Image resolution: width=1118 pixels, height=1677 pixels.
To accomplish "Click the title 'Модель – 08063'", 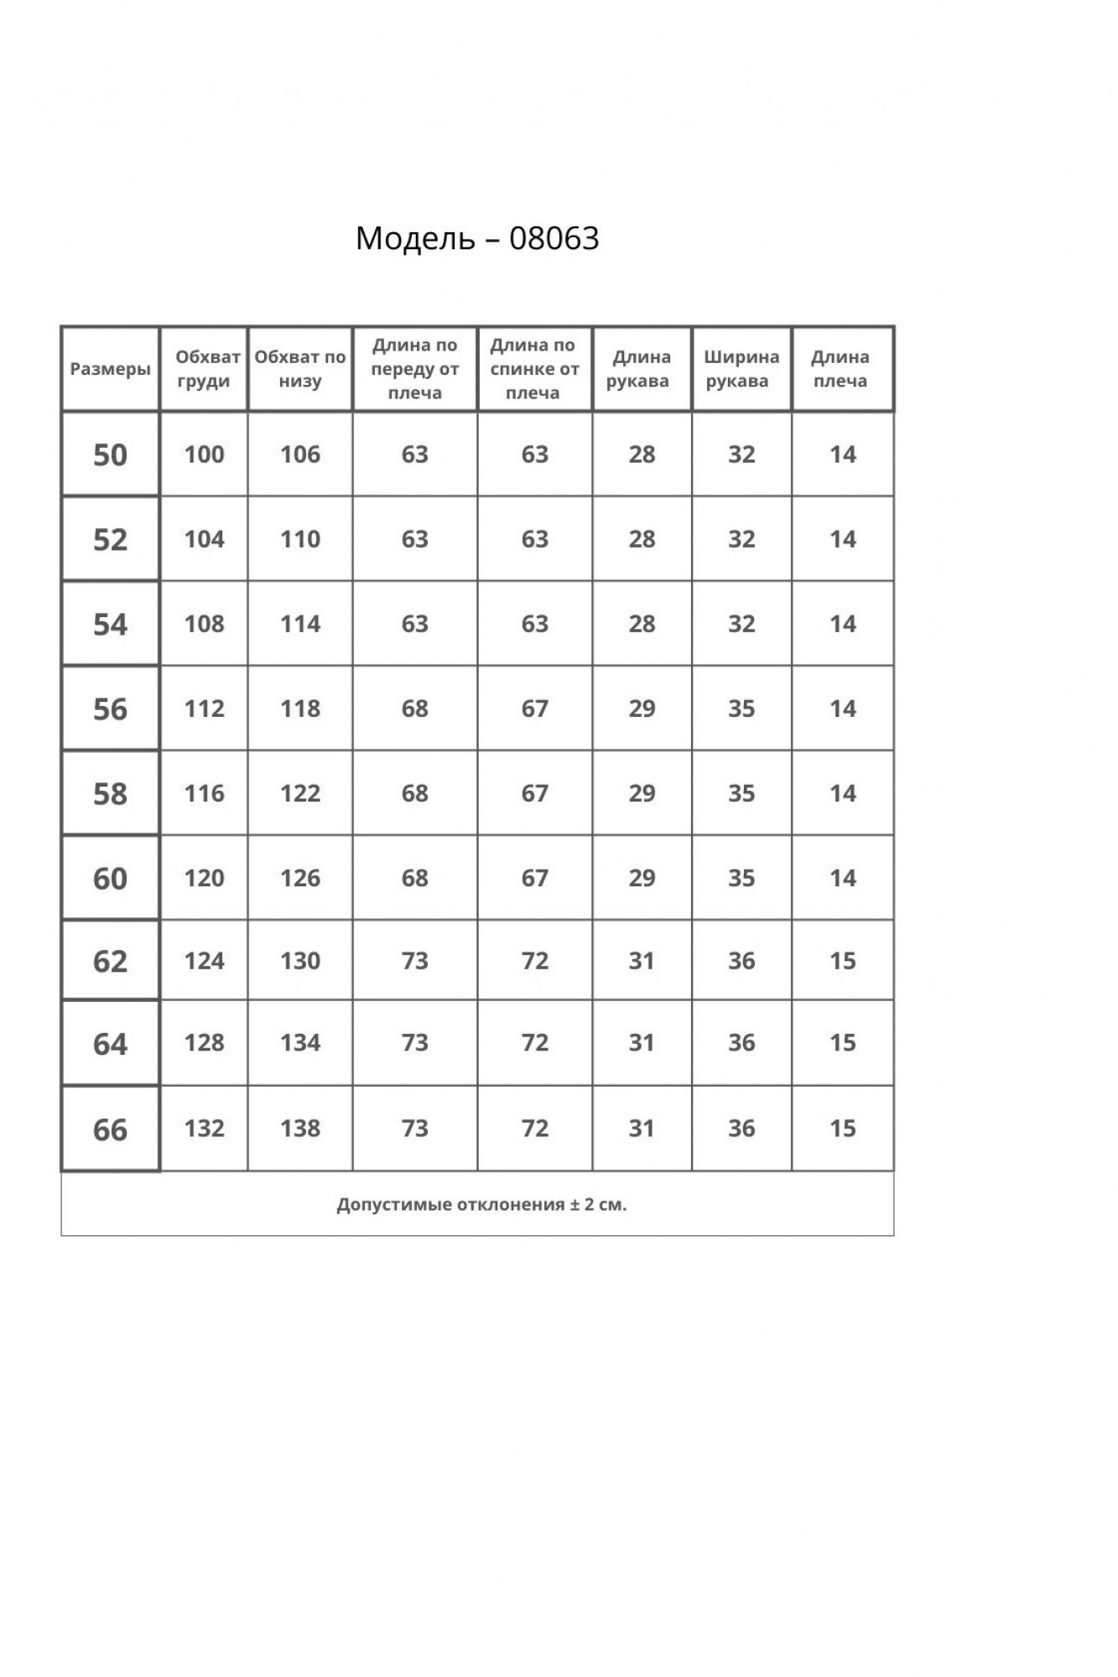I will [x=477, y=238].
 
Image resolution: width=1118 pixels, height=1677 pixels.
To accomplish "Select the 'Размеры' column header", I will [x=110, y=369].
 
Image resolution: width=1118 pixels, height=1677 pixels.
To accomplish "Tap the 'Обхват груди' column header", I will [x=205, y=369].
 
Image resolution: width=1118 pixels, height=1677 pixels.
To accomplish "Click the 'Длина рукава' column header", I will [x=641, y=369].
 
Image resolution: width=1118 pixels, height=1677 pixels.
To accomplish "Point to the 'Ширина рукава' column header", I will [x=741, y=369].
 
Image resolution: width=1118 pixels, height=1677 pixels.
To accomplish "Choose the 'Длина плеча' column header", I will [x=841, y=369].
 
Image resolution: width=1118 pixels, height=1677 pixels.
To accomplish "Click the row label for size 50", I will [x=110, y=454].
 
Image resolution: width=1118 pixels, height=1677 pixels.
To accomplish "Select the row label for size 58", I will [x=110, y=793].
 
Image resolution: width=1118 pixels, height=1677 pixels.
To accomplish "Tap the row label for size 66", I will [x=110, y=1129].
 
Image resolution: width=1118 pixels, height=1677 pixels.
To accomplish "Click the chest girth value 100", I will [x=205, y=454].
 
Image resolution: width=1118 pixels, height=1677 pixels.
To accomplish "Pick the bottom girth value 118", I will [x=300, y=709].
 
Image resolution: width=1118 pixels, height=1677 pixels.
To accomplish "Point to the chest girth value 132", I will [x=205, y=1129].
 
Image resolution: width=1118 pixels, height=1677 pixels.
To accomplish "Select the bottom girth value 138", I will [x=300, y=1129].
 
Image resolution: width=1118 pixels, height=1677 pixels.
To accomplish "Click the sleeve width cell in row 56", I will [x=741, y=709].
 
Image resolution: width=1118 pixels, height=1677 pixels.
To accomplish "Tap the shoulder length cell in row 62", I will [x=843, y=961].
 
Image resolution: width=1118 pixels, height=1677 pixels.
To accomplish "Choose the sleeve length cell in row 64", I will [x=642, y=1043].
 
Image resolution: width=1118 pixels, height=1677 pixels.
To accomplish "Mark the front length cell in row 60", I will [x=415, y=878].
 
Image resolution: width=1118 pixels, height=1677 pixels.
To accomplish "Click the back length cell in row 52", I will [x=535, y=539].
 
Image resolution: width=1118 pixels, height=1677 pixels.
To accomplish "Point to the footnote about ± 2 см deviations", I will [x=481, y=1205].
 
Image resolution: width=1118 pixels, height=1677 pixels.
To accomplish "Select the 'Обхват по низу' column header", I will [x=300, y=369].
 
